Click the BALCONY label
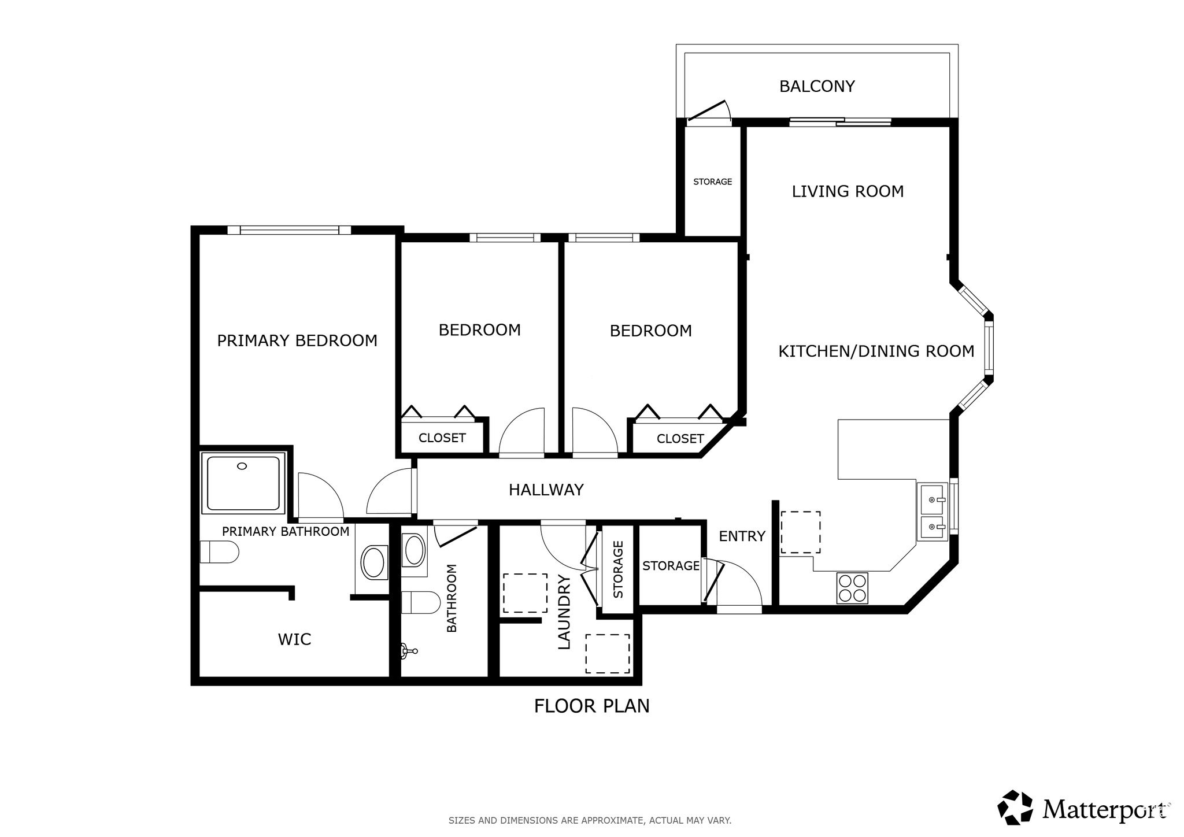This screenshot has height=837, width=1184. [817, 86]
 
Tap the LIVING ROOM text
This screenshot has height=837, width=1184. [848, 191]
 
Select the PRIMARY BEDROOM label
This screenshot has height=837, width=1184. [297, 340]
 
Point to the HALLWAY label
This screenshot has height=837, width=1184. [546, 490]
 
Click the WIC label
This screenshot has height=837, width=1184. [294, 639]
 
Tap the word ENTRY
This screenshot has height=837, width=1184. [742, 536]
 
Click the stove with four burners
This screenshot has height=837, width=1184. [852, 588]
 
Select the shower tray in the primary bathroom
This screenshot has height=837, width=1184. [243, 483]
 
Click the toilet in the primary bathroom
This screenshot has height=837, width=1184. [219, 552]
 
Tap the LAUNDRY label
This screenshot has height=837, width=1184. [564, 612]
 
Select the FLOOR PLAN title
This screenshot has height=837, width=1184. [592, 706]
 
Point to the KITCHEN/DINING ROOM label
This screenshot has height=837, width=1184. [876, 351]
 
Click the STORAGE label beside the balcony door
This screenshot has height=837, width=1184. [712, 182]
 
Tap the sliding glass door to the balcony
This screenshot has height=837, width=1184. [840, 122]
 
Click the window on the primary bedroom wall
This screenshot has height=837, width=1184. [289, 230]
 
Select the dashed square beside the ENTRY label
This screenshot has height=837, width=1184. [801, 532]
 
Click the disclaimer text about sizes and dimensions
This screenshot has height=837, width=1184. [590, 820]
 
